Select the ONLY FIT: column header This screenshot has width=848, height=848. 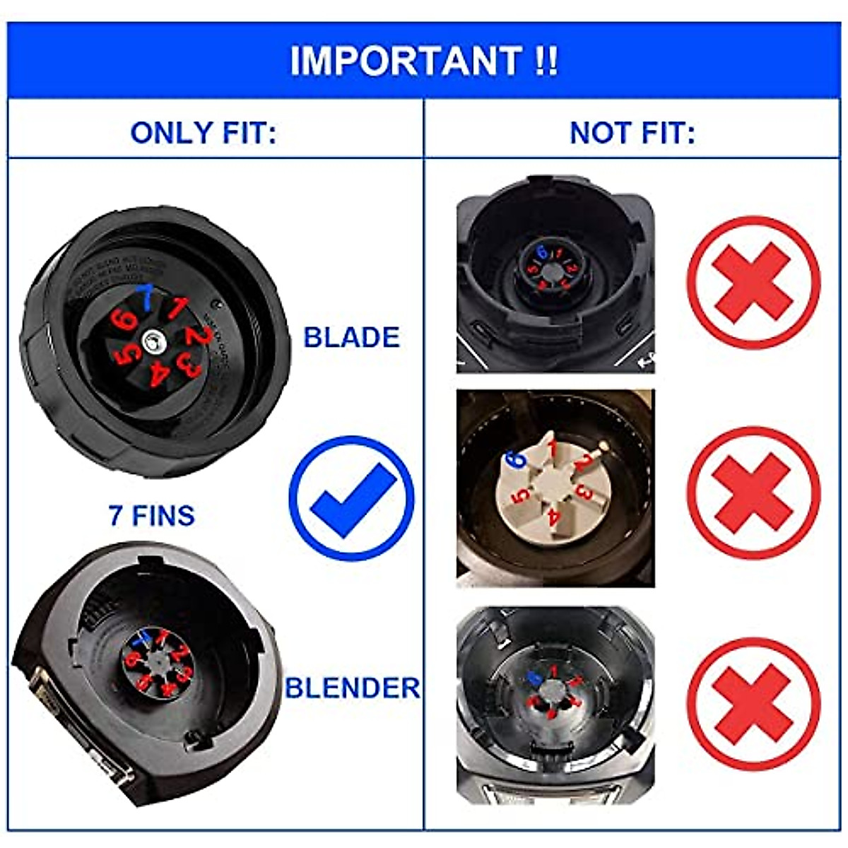click(x=203, y=132)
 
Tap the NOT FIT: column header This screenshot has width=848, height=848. click(x=632, y=132)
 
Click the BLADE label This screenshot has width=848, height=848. click(x=351, y=337)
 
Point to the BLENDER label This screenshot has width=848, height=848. click(x=352, y=688)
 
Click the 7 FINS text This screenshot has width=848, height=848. click(x=151, y=515)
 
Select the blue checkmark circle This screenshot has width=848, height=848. click(x=351, y=498)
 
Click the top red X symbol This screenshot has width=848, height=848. click(x=753, y=282)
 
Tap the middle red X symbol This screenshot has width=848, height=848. click(x=753, y=492)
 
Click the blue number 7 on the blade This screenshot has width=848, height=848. click(x=146, y=298)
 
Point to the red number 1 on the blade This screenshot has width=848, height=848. click(x=177, y=308)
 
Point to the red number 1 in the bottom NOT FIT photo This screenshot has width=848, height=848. click(x=555, y=670)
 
